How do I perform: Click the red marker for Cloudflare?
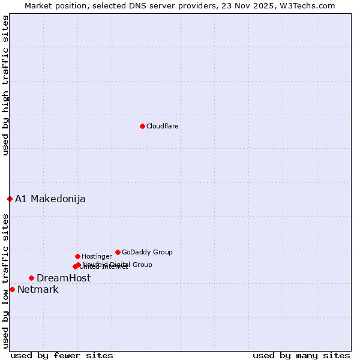pyautogui.click(x=142, y=126)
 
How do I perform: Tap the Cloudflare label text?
pyautogui.click(x=162, y=127)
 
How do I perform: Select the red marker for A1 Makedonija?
pyautogui.click(x=10, y=199)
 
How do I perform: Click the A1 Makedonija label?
pyautogui.click(x=50, y=199)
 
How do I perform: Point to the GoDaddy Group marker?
pyautogui.click(x=118, y=252)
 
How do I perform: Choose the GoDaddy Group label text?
pyautogui.click(x=147, y=253)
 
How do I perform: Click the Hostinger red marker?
pyautogui.click(x=77, y=256)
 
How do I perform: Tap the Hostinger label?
pyautogui.click(x=97, y=257)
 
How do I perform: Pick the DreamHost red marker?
pyautogui.click(x=31, y=278)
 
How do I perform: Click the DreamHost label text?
pyautogui.click(x=64, y=278)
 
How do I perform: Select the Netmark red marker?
pyautogui.click(x=12, y=289)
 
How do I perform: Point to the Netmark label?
pyautogui.click(x=38, y=290)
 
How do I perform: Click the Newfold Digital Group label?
pyautogui.click(x=118, y=265)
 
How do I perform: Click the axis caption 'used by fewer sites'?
pyautogui.click(x=62, y=356)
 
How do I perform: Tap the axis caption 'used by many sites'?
pyautogui.click(x=301, y=356)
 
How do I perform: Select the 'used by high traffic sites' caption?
pyautogui.click(x=5, y=85)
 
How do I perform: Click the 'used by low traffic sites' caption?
pyautogui.click(x=5, y=281)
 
